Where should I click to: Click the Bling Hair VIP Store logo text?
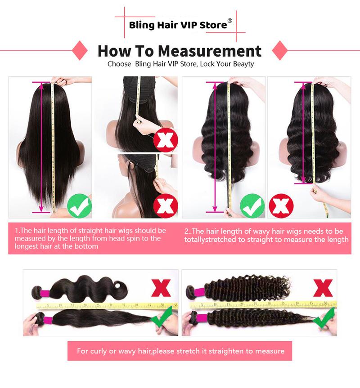coord(178,25)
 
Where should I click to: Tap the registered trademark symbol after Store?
coord(230,21)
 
